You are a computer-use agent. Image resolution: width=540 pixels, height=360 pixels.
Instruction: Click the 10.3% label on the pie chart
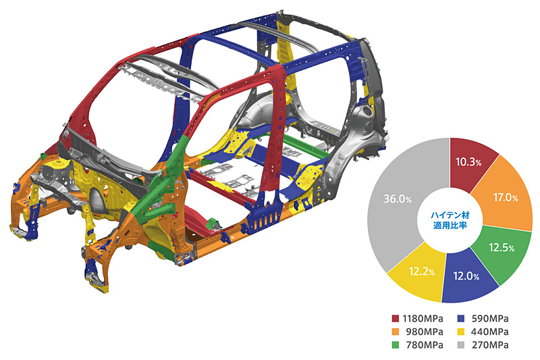click(x=468, y=162)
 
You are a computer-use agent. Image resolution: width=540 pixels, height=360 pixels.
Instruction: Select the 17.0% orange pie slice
click(x=504, y=197)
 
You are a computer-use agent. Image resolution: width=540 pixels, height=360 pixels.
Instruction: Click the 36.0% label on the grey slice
click(x=398, y=199)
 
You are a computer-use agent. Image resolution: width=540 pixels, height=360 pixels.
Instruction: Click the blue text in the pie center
click(x=450, y=220)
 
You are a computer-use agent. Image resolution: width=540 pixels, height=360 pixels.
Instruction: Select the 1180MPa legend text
click(x=423, y=318)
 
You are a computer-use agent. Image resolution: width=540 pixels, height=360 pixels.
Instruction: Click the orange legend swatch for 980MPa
click(x=396, y=332)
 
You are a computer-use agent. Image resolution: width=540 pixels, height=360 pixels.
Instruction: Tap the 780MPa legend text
click(x=425, y=345)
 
